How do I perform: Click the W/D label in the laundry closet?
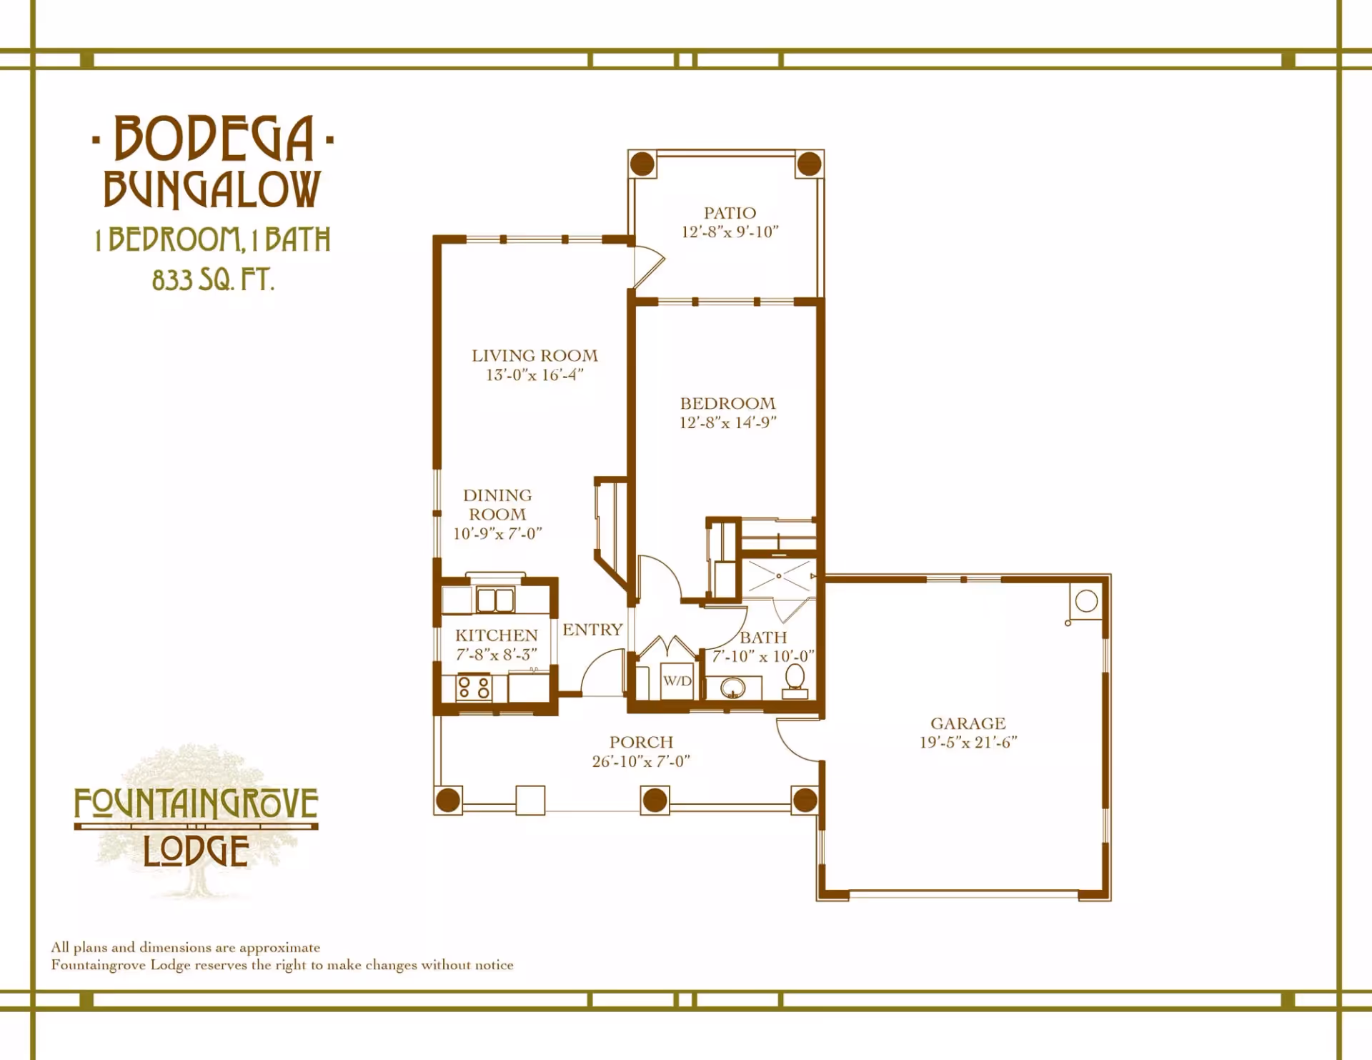[677, 681]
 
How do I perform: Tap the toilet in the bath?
[795, 681]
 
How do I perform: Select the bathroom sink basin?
[732, 688]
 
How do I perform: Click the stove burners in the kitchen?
[474, 688]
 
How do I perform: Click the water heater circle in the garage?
[1086, 601]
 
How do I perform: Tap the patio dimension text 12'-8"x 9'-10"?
[730, 232]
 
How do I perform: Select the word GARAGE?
[968, 723]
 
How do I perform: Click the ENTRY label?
[592, 630]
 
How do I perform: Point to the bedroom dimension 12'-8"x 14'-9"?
[727, 422]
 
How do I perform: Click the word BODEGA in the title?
[214, 138]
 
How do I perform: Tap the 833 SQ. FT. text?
[213, 279]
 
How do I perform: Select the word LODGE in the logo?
[196, 851]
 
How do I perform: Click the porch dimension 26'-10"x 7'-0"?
[641, 761]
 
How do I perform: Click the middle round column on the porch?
[655, 801]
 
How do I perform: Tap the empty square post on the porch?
[530, 801]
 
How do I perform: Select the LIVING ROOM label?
[535, 355]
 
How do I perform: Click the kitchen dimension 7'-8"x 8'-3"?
[496, 655]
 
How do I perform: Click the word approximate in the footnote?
[279, 948]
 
